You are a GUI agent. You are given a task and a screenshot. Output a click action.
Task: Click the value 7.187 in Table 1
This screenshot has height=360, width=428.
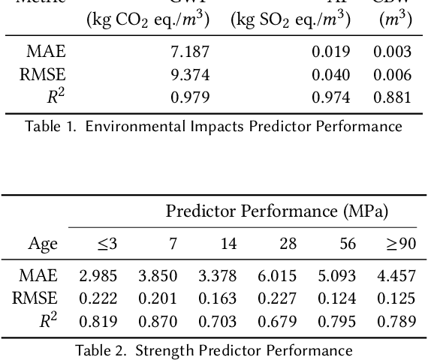[x=190, y=52]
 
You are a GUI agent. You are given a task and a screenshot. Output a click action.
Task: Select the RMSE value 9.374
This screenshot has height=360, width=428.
[x=190, y=74]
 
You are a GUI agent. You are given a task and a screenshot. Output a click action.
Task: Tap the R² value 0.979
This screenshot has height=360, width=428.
[x=190, y=97]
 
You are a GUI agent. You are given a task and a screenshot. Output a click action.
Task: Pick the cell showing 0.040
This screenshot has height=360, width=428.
[x=331, y=74]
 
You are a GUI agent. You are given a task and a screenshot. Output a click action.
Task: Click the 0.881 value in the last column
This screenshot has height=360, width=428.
[x=393, y=97]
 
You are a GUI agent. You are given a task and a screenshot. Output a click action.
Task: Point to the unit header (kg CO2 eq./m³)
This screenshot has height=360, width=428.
[x=149, y=19]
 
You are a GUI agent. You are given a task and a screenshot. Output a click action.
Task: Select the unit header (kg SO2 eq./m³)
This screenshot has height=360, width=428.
[x=290, y=19]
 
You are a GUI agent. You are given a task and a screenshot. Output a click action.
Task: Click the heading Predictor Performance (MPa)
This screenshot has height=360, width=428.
[x=277, y=212]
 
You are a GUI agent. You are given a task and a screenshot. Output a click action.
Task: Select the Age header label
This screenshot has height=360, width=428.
[x=43, y=243]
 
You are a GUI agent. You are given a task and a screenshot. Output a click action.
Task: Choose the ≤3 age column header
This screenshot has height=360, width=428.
[x=107, y=243]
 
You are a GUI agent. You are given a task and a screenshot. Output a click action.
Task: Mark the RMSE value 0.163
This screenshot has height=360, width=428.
[x=217, y=298]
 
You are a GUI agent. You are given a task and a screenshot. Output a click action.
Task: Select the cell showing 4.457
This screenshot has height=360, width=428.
[x=396, y=276]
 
